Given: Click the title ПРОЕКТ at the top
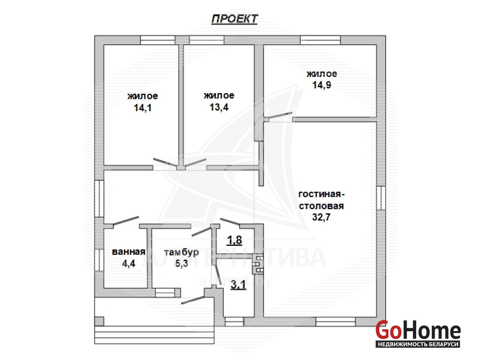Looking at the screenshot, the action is (235, 19).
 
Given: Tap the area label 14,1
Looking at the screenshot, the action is (143, 108).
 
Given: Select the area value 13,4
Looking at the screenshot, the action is (219, 107).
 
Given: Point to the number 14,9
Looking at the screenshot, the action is (322, 85).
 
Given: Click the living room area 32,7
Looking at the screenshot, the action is (321, 217).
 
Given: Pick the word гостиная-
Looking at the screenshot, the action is (322, 194).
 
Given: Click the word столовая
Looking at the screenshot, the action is (321, 206).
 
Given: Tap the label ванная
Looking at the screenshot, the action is (128, 252).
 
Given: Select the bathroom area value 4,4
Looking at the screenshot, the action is (128, 263).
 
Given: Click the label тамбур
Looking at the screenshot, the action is (182, 252).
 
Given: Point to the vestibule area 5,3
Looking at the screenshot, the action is (182, 263).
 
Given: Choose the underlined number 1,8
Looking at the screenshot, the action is (234, 240).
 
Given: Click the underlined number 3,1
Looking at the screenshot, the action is (238, 285).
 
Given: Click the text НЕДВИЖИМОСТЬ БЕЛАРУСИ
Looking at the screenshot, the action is (418, 344).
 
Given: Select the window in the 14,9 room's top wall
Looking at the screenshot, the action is (320, 40).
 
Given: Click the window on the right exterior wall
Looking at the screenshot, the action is (381, 198).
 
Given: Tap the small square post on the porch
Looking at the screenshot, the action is (99, 321).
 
